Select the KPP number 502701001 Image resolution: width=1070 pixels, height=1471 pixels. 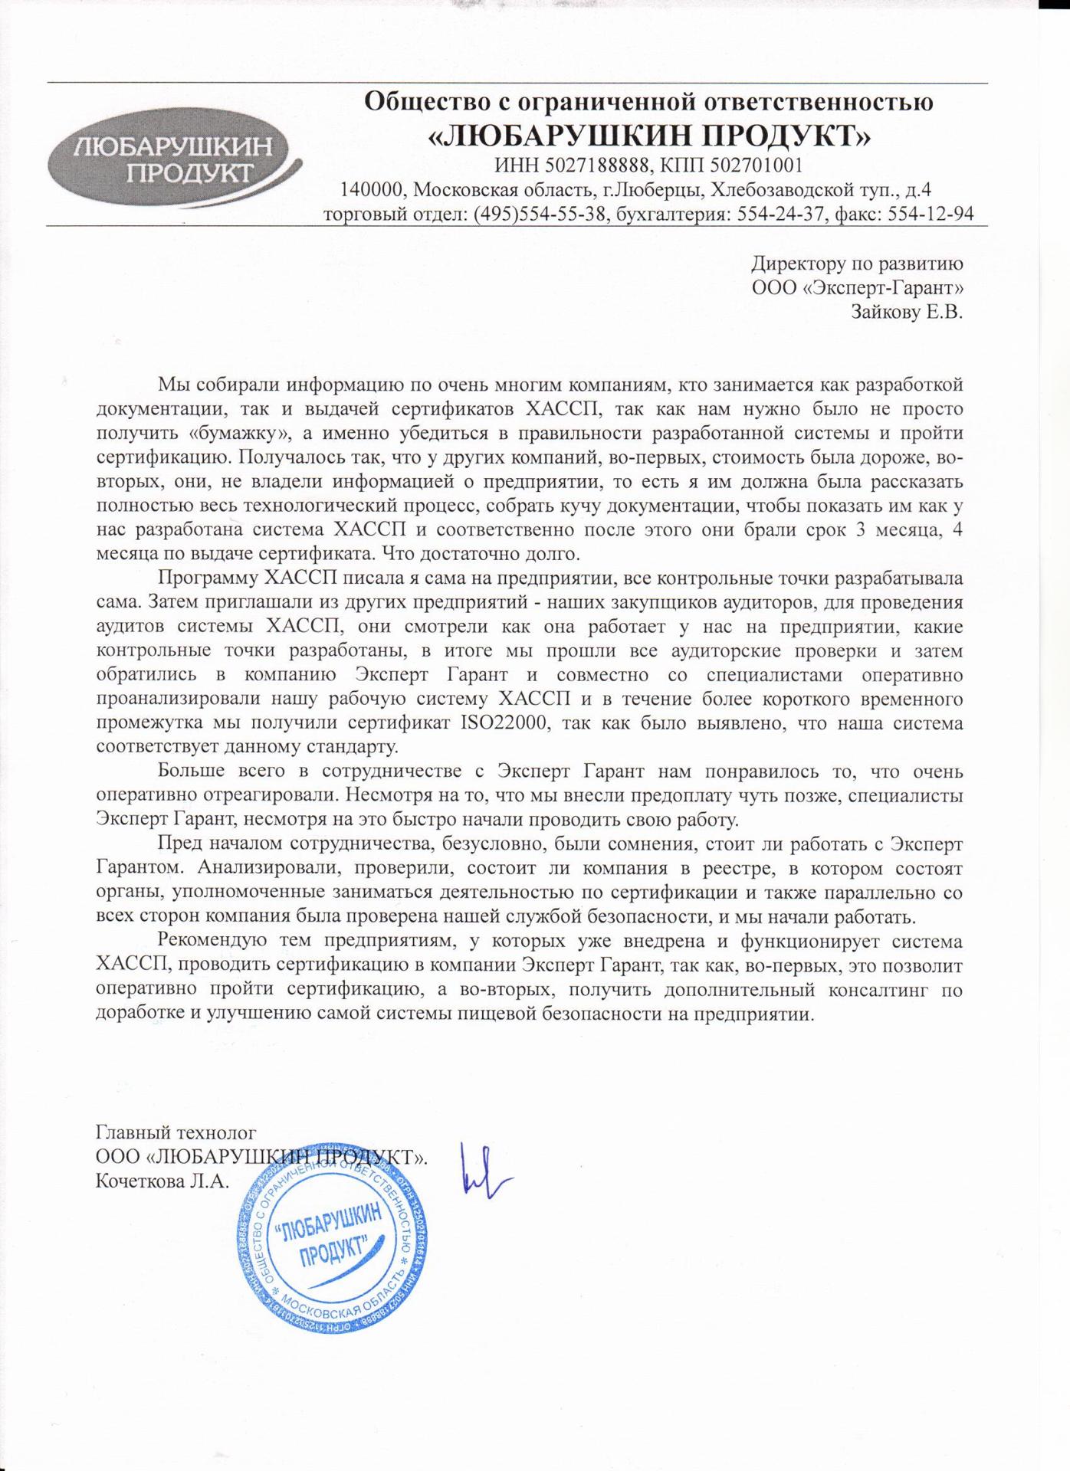(x=757, y=165)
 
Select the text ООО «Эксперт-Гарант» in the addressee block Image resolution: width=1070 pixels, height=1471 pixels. (x=858, y=288)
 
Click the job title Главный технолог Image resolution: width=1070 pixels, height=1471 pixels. (x=176, y=1132)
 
